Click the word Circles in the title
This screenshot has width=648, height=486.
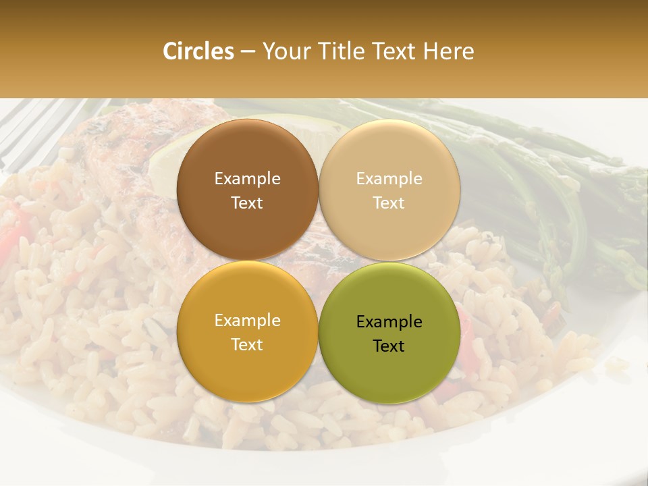[198, 51]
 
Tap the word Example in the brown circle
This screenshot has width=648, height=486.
[247, 178]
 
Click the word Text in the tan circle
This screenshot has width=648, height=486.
[389, 202]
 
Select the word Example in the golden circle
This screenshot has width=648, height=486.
[247, 321]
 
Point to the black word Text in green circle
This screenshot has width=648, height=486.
[389, 346]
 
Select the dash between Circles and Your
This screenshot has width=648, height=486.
[248, 52]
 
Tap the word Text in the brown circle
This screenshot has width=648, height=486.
[247, 202]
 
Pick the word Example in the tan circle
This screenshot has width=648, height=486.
[389, 178]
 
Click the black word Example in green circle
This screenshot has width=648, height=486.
[389, 321]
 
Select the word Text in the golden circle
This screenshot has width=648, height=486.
[247, 344]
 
